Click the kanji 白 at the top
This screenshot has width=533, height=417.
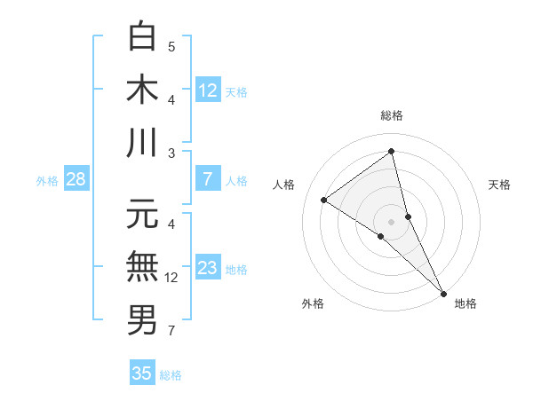pyautogui.click(x=142, y=36)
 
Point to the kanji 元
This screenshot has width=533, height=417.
pyautogui.click(x=142, y=214)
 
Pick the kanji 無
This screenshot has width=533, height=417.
pyautogui.click(x=142, y=266)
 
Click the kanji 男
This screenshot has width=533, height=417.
pyautogui.click(x=142, y=319)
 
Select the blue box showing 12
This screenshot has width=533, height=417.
pyautogui.click(x=207, y=90)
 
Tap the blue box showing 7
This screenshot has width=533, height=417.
pyautogui.click(x=207, y=179)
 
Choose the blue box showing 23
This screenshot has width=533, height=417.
pyautogui.click(x=207, y=268)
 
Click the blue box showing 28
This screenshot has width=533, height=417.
pyautogui.click(x=76, y=179)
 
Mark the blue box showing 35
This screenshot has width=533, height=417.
pyautogui.click(x=142, y=374)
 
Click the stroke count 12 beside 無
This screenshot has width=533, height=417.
pyautogui.click(x=171, y=278)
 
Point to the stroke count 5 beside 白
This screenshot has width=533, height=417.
pyautogui.click(x=171, y=46)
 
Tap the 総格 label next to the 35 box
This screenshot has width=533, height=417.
pyautogui.click(x=171, y=375)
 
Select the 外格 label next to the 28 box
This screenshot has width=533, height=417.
pyautogui.click(x=47, y=181)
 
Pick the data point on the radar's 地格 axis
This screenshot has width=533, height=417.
pyautogui.click(x=442, y=292)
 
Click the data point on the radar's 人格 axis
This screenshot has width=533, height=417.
pyautogui.click(x=323, y=200)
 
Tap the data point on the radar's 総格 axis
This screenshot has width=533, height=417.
pyautogui.click(x=391, y=151)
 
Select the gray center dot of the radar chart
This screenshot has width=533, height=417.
pyautogui.click(x=391, y=220)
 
